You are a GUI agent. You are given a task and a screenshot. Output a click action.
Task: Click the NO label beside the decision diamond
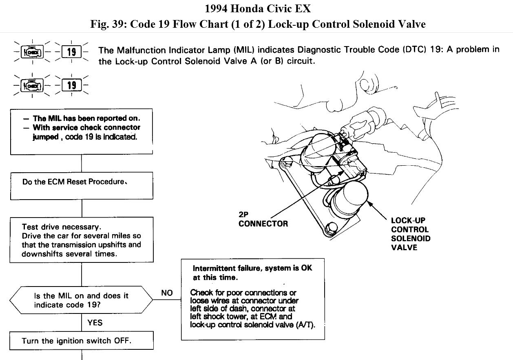coord(167,293)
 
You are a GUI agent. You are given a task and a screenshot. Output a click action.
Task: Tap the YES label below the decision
coord(95,323)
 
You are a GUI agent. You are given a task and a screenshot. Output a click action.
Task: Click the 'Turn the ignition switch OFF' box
coord(82,341)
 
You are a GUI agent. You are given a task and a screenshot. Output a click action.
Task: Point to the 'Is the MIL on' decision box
coord(81,300)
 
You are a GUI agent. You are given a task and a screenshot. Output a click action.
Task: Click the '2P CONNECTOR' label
coord(263,219)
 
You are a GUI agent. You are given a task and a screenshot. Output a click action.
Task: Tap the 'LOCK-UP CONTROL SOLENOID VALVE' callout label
coord(410,234)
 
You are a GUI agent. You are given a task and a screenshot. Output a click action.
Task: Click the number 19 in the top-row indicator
coord(71,52)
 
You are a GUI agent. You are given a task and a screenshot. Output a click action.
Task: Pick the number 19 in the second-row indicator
coord(71,85)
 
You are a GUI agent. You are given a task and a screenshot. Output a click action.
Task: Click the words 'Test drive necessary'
coord(60,227)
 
